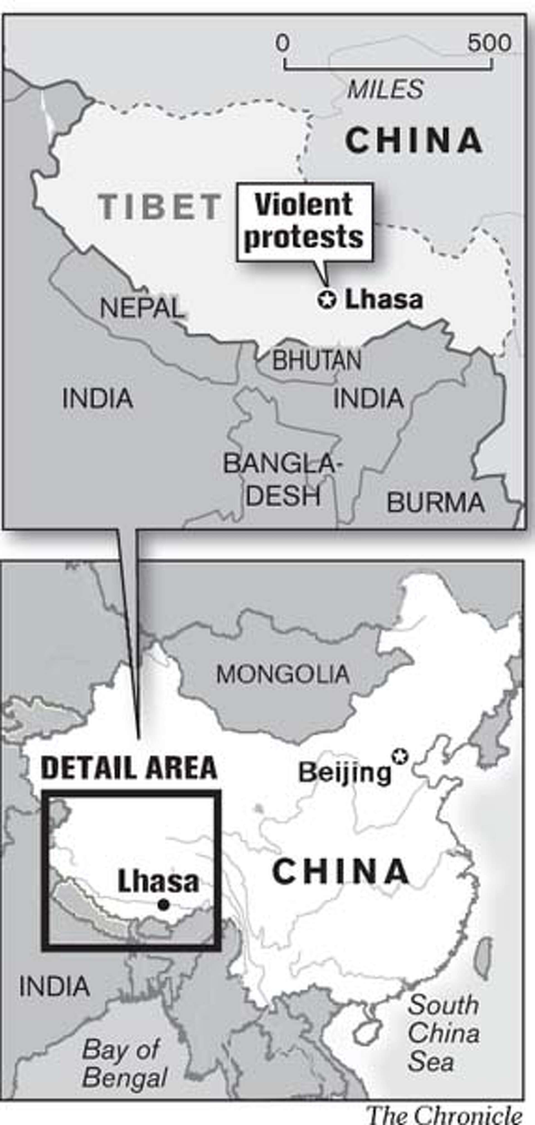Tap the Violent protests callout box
tap(304, 222)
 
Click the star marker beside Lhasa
tap(327, 299)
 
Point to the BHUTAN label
tap(317, 360)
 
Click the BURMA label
tap(436, 502)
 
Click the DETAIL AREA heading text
tap(129, 767)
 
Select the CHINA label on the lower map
tap(341, 871)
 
